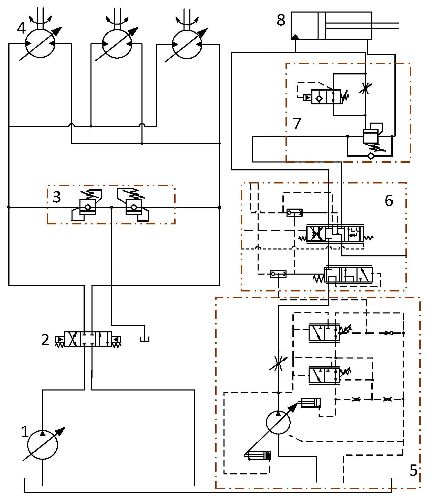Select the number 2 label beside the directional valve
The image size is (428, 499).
coord(45,340)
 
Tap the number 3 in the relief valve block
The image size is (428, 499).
coord(57,197)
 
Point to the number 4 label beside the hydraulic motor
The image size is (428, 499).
coord(22,28)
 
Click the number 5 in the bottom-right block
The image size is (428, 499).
coord(413,470)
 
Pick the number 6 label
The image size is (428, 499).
coord(389,200)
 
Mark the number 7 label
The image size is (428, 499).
coord(297,123)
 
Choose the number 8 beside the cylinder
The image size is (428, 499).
coord(281,20)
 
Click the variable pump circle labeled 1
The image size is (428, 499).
coord(43,444)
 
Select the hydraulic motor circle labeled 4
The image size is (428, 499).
coord(40,43)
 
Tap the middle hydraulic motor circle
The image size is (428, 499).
coord(117,44)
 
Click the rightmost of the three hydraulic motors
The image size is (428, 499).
coord(187,44)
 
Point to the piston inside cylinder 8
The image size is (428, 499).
coord(321,26)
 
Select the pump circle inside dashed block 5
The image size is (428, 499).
coord(278,422)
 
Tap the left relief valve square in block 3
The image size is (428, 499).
coord(88,207)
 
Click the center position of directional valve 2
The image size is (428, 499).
coord(88,339)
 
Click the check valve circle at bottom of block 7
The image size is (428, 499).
coord(371,156)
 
